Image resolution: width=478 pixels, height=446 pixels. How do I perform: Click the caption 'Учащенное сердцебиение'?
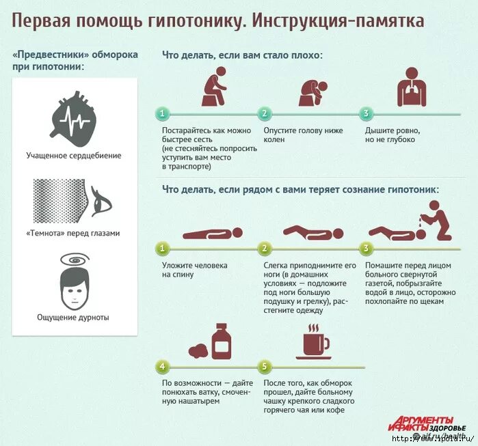(74, 155)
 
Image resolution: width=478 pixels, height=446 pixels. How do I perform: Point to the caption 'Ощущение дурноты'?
(73, 317)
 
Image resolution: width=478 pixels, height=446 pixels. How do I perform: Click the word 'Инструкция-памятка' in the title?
(338, 20)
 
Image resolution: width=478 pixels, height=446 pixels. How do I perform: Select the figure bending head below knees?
(315, 92)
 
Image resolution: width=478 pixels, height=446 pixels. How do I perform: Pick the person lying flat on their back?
(213, 234)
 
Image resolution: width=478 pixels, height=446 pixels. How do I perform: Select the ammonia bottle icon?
(221, 342)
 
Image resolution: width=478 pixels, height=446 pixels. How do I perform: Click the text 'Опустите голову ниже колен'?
(294, 135)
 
